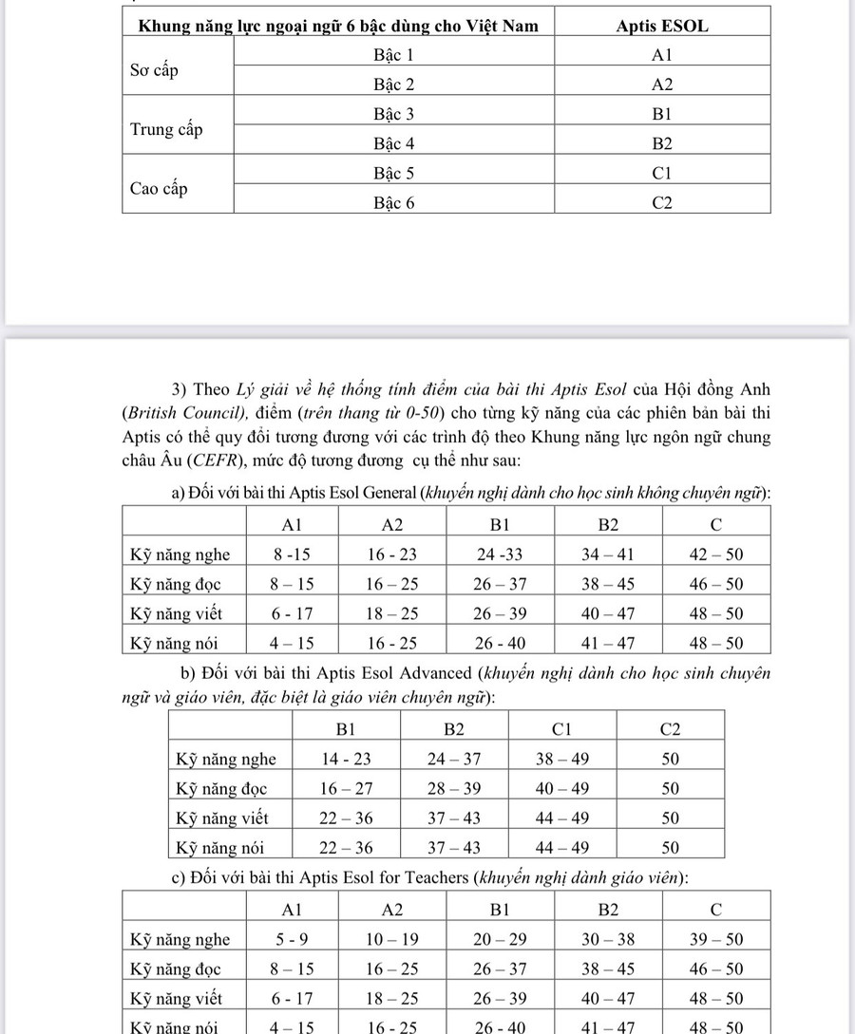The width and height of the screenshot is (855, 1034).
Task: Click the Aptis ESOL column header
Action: tap(662, 26)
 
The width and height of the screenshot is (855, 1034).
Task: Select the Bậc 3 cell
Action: tap(393, 114)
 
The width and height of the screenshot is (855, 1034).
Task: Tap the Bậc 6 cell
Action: tap(393, 202)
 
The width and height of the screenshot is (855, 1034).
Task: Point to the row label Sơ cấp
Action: tap(154, 71)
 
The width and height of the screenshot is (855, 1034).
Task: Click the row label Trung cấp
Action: tap(166, 129)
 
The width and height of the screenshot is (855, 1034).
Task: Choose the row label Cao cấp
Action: tap(159, 188)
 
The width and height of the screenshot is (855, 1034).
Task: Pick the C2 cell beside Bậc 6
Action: tap(662, 202)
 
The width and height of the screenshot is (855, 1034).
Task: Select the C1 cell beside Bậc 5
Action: tap(662, 174)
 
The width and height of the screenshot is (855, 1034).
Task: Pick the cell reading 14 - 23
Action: tap(346, 759)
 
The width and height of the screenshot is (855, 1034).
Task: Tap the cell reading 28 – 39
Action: tap(454, 788)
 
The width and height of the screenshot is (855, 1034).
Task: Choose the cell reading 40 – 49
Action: tap(561, 788)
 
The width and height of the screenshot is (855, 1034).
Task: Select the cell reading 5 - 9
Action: tap(292, 939)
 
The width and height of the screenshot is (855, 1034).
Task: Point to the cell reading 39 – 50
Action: tap(715, 939)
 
